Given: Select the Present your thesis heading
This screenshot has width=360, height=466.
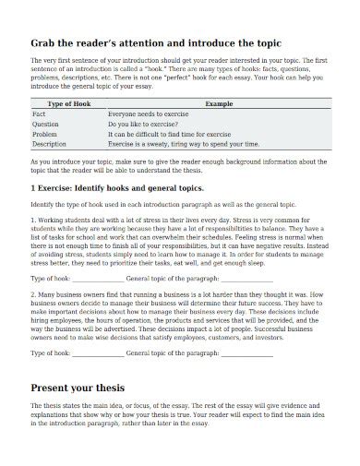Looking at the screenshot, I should [90, 388].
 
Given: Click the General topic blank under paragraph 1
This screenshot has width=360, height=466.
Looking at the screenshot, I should [246, 278].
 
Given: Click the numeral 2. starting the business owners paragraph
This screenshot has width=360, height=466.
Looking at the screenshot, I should [33, 295].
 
